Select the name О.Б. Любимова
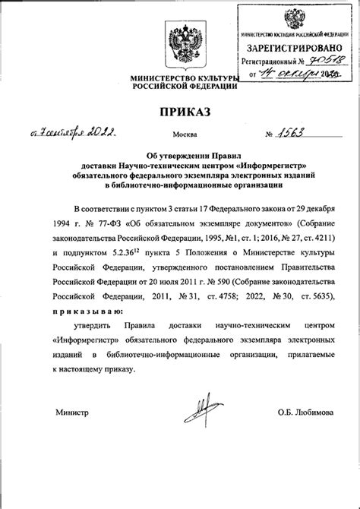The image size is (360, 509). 305,413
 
